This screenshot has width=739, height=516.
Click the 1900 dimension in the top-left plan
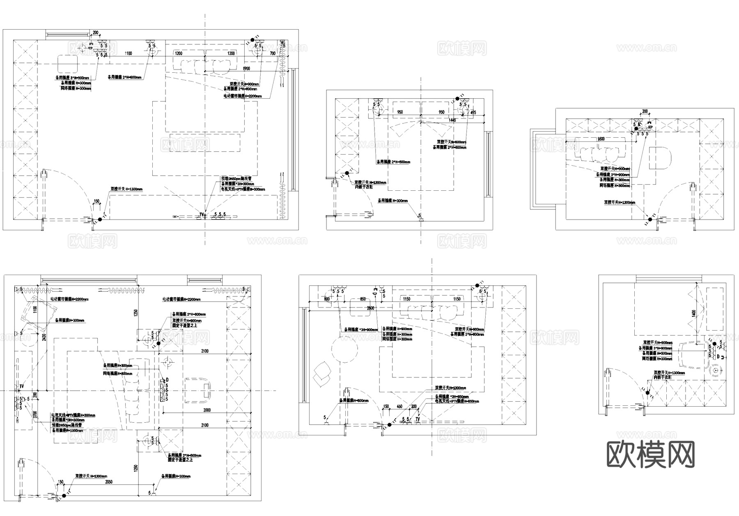tap(246, 69)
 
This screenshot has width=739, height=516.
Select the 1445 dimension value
tap(452, 120)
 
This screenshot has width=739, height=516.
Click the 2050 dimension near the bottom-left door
tap(109, 481)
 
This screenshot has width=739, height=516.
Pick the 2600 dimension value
tap(370, 308)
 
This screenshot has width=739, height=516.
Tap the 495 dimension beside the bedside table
tap(473, 112)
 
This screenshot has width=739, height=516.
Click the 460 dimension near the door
tap(399, 407)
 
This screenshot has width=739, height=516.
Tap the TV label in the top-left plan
tap(202, 215)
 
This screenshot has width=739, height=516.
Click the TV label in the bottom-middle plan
tap(418, 419)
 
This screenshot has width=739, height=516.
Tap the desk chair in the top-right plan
tap(661, 158)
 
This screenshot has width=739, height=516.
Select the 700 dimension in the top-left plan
tap(273, 53)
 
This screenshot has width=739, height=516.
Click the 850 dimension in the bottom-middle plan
tap(363, 299)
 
